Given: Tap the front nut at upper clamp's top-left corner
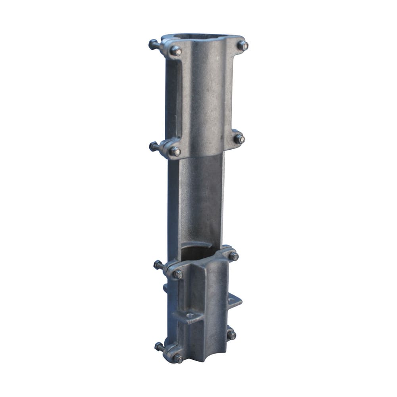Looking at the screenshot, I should click(175, 50).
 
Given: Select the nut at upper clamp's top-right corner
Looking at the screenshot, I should click(243, 45).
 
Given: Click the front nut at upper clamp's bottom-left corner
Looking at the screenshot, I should click(175, 151).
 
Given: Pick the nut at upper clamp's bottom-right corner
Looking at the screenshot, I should click(239, 139).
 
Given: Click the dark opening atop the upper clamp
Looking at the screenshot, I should click(198, 37).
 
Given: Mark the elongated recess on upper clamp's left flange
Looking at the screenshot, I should click(174, 99).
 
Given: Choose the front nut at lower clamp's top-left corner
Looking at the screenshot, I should click(178, 274).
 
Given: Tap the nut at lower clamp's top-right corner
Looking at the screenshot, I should click(233, 256).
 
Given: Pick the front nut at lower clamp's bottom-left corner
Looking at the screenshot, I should click(178, 358).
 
